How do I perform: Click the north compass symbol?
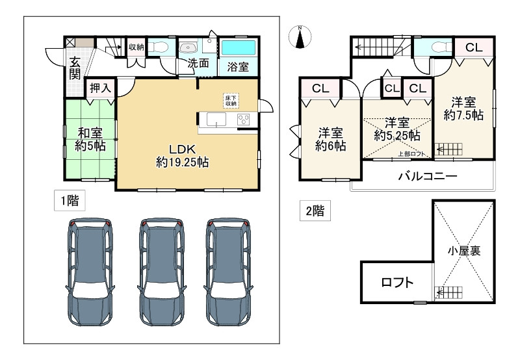[x=300, y=37]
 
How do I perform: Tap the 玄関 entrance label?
[x=75, y=68]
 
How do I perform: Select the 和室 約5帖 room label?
[x=90, y=140]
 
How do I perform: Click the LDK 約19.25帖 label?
[x=183, y=155]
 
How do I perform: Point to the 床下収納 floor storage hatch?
[x=231, y=101]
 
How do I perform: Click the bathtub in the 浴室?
[x=239, y=48]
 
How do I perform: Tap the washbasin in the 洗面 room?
[x=188, y=47]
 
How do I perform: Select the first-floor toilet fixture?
[x=159, y=47]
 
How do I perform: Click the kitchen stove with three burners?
[x=244, y=120]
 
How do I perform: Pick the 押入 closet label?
[x=100, y=88]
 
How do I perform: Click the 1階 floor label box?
[x=70, y=200]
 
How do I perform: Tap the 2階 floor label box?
[x=315, y=211]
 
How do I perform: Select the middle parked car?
[x=161, y=272]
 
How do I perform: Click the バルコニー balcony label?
[x=428, y=175]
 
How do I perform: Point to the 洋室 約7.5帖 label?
[x=463, y=109]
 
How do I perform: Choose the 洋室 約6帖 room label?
[x=331, y=139]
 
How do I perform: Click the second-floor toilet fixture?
[x=441, y=47]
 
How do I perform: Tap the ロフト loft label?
[x=397, y=283]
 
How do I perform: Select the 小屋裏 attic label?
[x=464, y=251]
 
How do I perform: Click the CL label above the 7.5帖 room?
[x=474, y=47]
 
